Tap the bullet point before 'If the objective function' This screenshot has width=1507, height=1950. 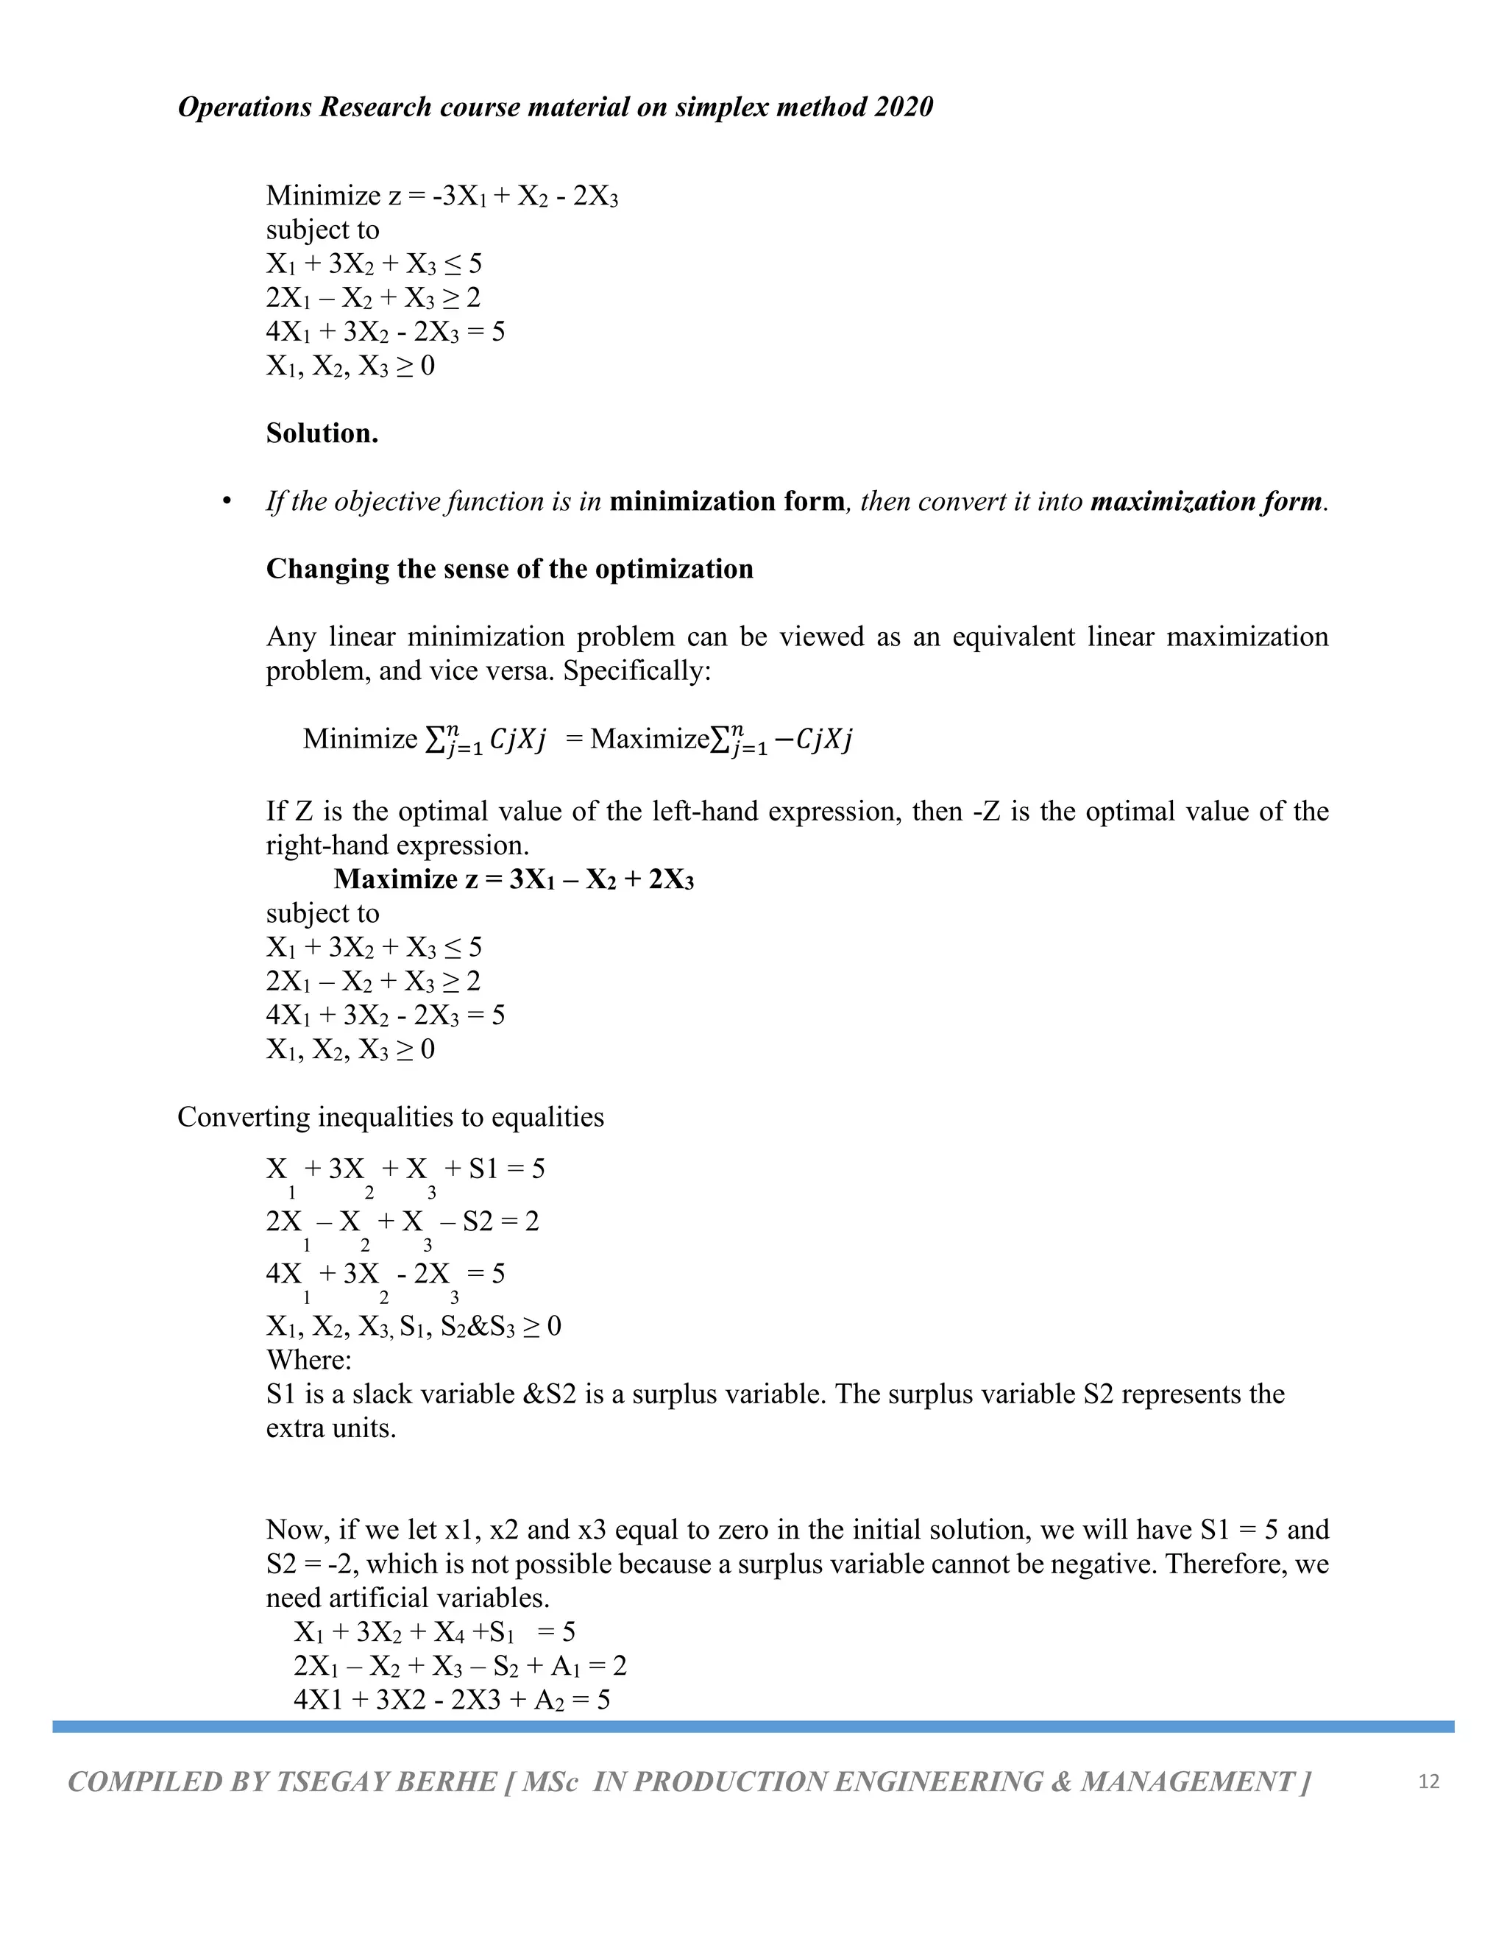pos(227,502)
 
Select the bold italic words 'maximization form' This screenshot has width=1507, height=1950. pos(1206,502)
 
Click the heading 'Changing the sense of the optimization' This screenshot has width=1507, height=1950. pos(509,569)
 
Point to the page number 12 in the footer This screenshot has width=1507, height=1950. pos(1428,1781)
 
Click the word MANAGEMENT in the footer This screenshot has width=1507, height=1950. pos(1188,1782)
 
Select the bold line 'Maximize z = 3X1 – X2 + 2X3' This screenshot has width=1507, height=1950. pos(514,879)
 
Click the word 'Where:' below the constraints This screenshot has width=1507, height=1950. pos(309,1360)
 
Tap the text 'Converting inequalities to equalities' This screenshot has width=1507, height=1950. pos(390,1117)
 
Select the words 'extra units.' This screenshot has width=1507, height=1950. pos(330,1428)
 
